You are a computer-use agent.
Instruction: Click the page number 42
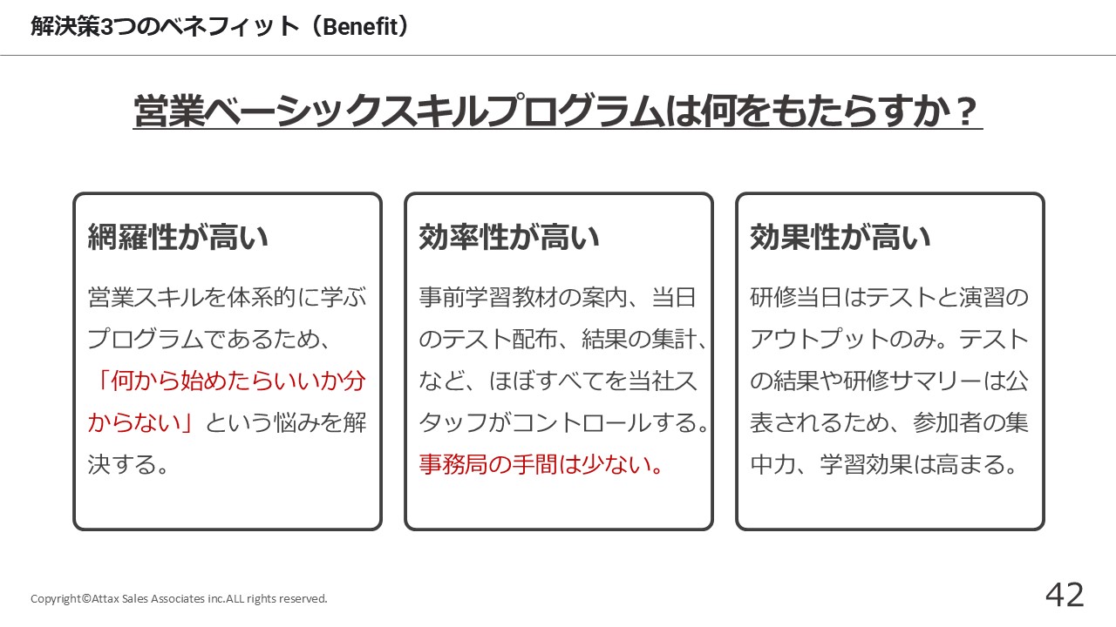click(1065, 595)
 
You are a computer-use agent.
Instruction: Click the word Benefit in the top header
click(361, 27)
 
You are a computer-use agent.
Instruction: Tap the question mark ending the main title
click(967, 111)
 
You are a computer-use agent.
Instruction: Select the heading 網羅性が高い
click(178, 237)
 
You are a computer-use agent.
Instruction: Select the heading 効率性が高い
click(509, 237)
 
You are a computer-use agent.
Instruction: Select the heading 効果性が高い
click(840, 237)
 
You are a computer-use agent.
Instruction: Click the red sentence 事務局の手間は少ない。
click(541, 464)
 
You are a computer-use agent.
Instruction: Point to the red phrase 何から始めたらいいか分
click(238, 381)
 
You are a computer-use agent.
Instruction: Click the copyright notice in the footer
click(179, 598)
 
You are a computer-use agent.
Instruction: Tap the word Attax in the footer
click(105, 598)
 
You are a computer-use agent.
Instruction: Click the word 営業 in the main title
click(169, 111)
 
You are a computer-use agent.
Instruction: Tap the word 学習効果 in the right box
click(867, 464)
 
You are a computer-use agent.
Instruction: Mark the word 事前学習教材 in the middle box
click(488, 298)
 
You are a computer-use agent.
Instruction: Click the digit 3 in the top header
click(107, 27)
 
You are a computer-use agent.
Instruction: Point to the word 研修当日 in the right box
click(796, 298)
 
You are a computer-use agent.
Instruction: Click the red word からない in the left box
click(134, 423)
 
